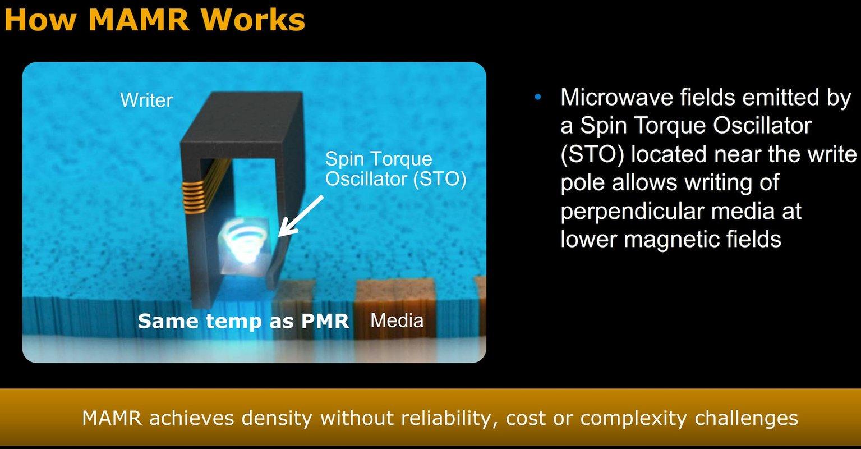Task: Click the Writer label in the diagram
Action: (x=146, y=100)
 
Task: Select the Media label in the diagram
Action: (x=397, y=320)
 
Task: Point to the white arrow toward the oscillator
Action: (x=301, y=216)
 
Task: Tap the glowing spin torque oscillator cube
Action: (x=243, y=245)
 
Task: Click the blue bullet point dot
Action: (x=538, y=97)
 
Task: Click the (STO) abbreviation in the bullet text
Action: (x=592, y=154)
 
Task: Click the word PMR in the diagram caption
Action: (x=325, y=321)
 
